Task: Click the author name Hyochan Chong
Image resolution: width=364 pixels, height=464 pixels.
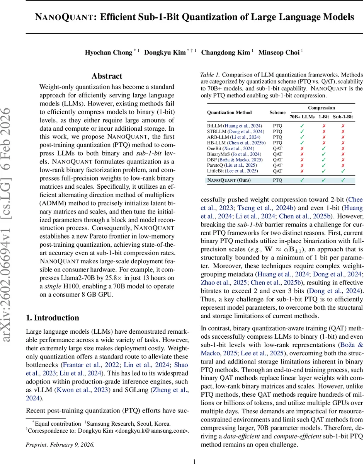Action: (109, 53)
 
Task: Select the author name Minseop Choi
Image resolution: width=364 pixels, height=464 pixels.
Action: (279, 53)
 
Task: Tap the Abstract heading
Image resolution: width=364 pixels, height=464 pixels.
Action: (107, 76)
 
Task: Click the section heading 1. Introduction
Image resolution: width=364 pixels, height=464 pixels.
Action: (52, 318)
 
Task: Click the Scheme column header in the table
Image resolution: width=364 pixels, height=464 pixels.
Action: (277, 113)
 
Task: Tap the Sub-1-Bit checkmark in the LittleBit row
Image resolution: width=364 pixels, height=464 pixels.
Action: (342, 171)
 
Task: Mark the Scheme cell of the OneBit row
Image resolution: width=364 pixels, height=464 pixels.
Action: (277, 148)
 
